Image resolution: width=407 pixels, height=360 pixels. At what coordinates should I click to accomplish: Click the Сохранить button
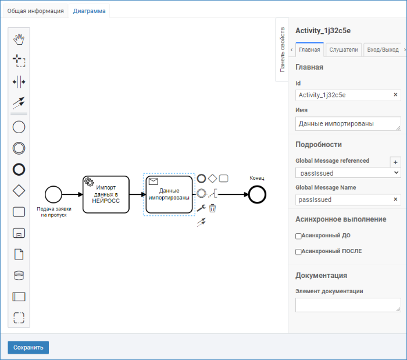[28, 347]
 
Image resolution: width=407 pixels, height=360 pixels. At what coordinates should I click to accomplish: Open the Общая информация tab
[35, 11]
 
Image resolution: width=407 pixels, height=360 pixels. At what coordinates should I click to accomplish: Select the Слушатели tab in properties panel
[344, 49]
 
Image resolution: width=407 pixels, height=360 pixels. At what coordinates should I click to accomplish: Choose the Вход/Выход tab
[383, 49]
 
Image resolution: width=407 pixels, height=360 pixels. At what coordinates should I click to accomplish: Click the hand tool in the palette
[19, 40]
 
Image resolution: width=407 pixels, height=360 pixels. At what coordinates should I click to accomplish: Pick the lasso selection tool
[19, 60]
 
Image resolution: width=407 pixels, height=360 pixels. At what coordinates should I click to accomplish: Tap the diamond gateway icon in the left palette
[19, 191]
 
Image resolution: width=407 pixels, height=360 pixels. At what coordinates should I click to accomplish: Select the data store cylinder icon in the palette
[19, 276]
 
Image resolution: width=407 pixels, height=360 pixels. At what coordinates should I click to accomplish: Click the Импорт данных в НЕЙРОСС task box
[106, 194]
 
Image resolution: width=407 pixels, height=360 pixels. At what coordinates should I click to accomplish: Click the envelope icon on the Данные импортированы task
[153, 181]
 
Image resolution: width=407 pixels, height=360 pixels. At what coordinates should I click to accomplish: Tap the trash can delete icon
[212, 208]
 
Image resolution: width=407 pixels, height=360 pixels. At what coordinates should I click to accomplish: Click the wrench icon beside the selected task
[201, 208]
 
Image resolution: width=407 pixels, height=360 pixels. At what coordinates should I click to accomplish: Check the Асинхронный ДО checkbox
[298, 236]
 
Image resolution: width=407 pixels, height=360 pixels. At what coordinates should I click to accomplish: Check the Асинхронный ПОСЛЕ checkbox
[298, 252]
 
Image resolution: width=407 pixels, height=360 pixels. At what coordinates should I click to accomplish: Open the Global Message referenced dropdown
[348, 173]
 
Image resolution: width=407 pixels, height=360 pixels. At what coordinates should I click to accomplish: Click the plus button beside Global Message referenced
[395, 162]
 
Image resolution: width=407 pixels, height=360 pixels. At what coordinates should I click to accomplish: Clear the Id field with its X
[395, 95]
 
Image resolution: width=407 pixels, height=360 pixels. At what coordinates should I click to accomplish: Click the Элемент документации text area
[348, 305]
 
